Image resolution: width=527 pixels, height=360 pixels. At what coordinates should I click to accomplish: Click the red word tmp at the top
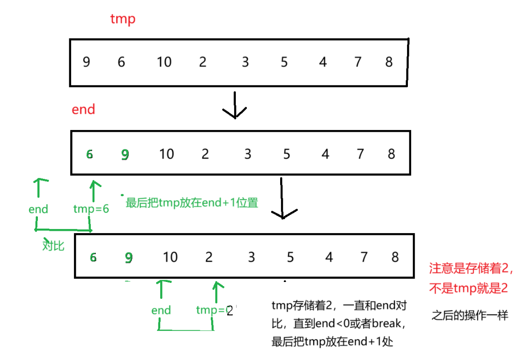click(x=123, y=19)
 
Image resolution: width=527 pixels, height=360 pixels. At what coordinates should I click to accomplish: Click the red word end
click(x=83, y=110)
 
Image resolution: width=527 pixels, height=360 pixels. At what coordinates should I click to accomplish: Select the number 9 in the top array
click(x=86, y=61)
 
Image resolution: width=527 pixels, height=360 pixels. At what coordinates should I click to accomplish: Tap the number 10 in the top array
click(x=164, y=61)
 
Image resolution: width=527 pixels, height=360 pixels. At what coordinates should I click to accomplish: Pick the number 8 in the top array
click(x=389, y=61)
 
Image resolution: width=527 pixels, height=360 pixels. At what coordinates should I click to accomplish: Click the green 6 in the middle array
click(x=89, y=154)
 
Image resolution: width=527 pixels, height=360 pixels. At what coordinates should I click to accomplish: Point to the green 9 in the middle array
click(x=125, y=155)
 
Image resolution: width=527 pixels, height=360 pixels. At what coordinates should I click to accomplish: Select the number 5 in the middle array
click(x=287, y=154)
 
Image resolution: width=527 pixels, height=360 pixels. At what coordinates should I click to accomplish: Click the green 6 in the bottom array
click(x=93, y=257)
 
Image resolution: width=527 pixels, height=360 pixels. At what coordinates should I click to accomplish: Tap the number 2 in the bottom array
click(x=209, y=257)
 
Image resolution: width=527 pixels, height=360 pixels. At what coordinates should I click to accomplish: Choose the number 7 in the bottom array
click(x=364, y=257)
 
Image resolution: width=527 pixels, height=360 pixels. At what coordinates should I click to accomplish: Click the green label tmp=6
click(x=91, y=209)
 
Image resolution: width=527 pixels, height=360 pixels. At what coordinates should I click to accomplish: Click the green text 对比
click(x=53, y=245)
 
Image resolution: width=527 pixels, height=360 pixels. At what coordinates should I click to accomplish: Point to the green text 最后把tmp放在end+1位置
click(x=192, y=203)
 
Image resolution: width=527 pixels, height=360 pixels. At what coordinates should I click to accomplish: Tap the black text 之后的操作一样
click(x=470, y=315)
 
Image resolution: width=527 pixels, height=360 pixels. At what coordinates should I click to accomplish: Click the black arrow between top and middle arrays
click(x=235, y=105)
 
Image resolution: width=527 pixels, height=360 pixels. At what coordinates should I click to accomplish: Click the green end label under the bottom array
click(x=161, y=310)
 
